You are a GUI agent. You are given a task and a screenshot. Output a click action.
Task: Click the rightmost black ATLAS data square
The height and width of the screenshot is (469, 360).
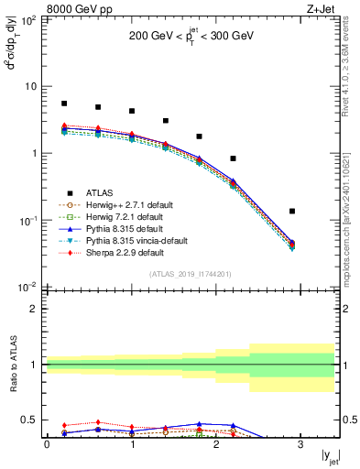click(x=292, y=212)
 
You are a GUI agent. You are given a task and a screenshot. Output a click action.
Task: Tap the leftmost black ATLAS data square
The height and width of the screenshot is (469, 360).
click(x=64, y=104)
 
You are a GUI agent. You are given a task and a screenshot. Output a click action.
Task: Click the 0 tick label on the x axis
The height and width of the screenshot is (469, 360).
click(x=47, y=444)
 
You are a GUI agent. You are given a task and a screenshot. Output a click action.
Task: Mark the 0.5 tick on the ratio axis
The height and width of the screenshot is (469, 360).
click(x=33, y=420)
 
